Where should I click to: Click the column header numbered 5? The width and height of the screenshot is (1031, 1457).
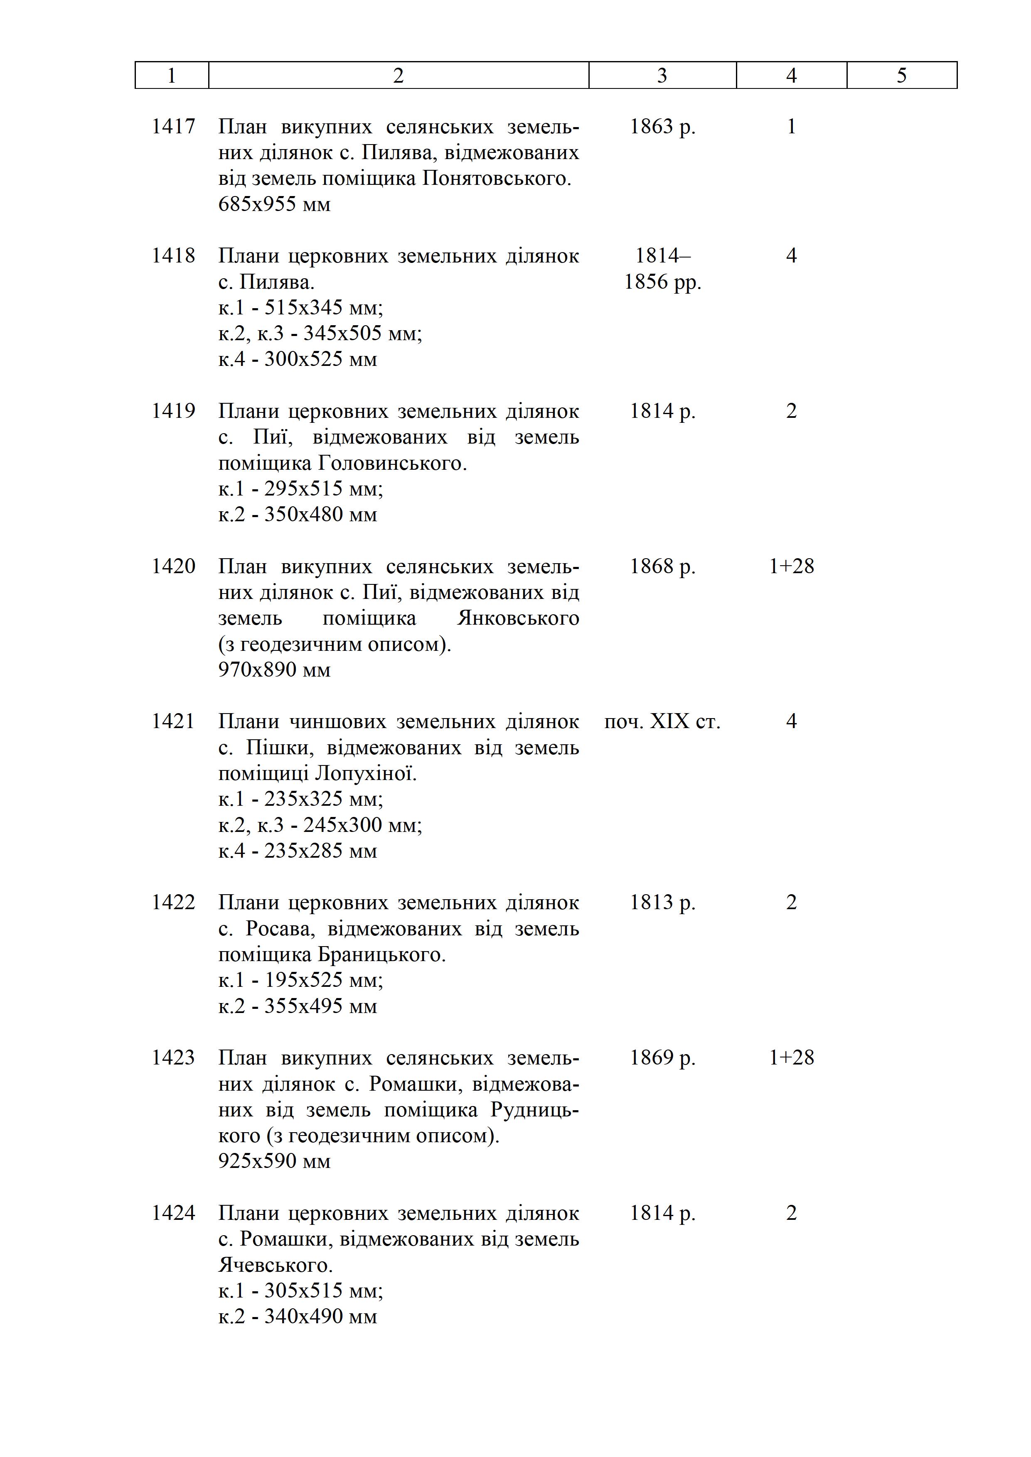[901, 76]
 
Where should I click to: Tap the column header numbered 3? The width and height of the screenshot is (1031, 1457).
[662, 76]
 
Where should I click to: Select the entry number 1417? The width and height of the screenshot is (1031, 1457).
[173, 127]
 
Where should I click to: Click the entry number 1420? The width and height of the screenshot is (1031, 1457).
[173, 566]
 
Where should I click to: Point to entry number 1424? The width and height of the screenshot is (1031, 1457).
[173, 1213]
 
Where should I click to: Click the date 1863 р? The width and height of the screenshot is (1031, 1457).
[662, 127]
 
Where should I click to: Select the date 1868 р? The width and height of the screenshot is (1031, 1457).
[662, 566]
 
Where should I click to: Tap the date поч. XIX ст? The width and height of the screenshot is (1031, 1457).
[662, 721]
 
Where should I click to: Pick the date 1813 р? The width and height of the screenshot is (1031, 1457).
[662, 903]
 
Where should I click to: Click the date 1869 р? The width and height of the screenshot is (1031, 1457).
[662, 1058]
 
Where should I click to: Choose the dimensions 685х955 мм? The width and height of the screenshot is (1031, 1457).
[274, 204]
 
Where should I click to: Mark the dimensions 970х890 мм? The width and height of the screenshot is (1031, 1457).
[274, 670]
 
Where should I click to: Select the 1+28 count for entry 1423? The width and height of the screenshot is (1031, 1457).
[791, 1058]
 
